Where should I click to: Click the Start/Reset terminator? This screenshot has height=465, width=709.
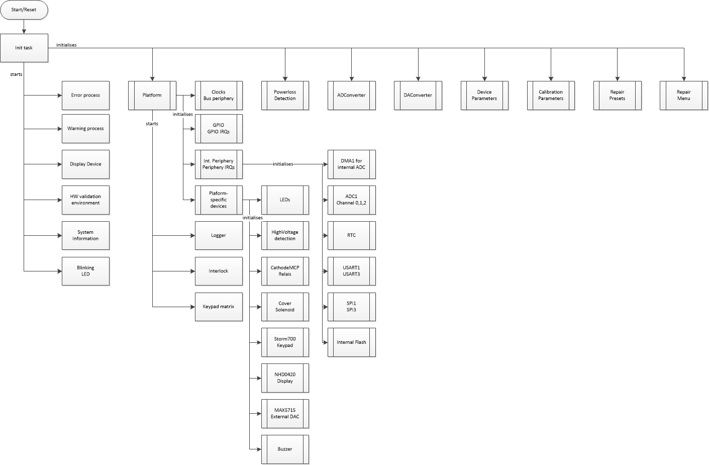[x=24, y=10]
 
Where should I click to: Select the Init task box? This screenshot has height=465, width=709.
[x=24, y=48]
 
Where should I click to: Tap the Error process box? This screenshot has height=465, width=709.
[x=85, y=95]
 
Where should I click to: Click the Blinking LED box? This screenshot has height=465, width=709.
[x=85, y=271]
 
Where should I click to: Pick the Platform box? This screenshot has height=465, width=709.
[x=152, y=95]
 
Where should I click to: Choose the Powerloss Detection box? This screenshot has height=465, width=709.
[x=285, y=95]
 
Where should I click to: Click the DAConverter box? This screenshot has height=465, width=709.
[x=418, y=95]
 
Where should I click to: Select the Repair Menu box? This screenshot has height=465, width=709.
[x=683, y=95]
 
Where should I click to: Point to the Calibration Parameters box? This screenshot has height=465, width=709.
[x=551, y=95]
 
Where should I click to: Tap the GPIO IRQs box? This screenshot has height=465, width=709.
[x=219, y=129]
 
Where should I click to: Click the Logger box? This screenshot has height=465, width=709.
[x=219, y=235]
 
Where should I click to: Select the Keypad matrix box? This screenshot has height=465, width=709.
[x=219, y=307]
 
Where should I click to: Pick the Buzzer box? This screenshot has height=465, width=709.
[x=285, y=449]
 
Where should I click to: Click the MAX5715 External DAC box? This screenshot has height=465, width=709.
[x=285, y=413]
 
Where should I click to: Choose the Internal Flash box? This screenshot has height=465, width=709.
[x=351, y=342]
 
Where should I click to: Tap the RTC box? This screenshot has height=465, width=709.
[x=351, y=235]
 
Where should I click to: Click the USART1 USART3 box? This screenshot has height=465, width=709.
[x=351, y=271]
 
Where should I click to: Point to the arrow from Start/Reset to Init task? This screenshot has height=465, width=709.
[x=24, y=27]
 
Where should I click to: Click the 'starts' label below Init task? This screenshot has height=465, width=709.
[x=16, y=74]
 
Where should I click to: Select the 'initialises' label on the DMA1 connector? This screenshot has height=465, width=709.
[x=283, y=164]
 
